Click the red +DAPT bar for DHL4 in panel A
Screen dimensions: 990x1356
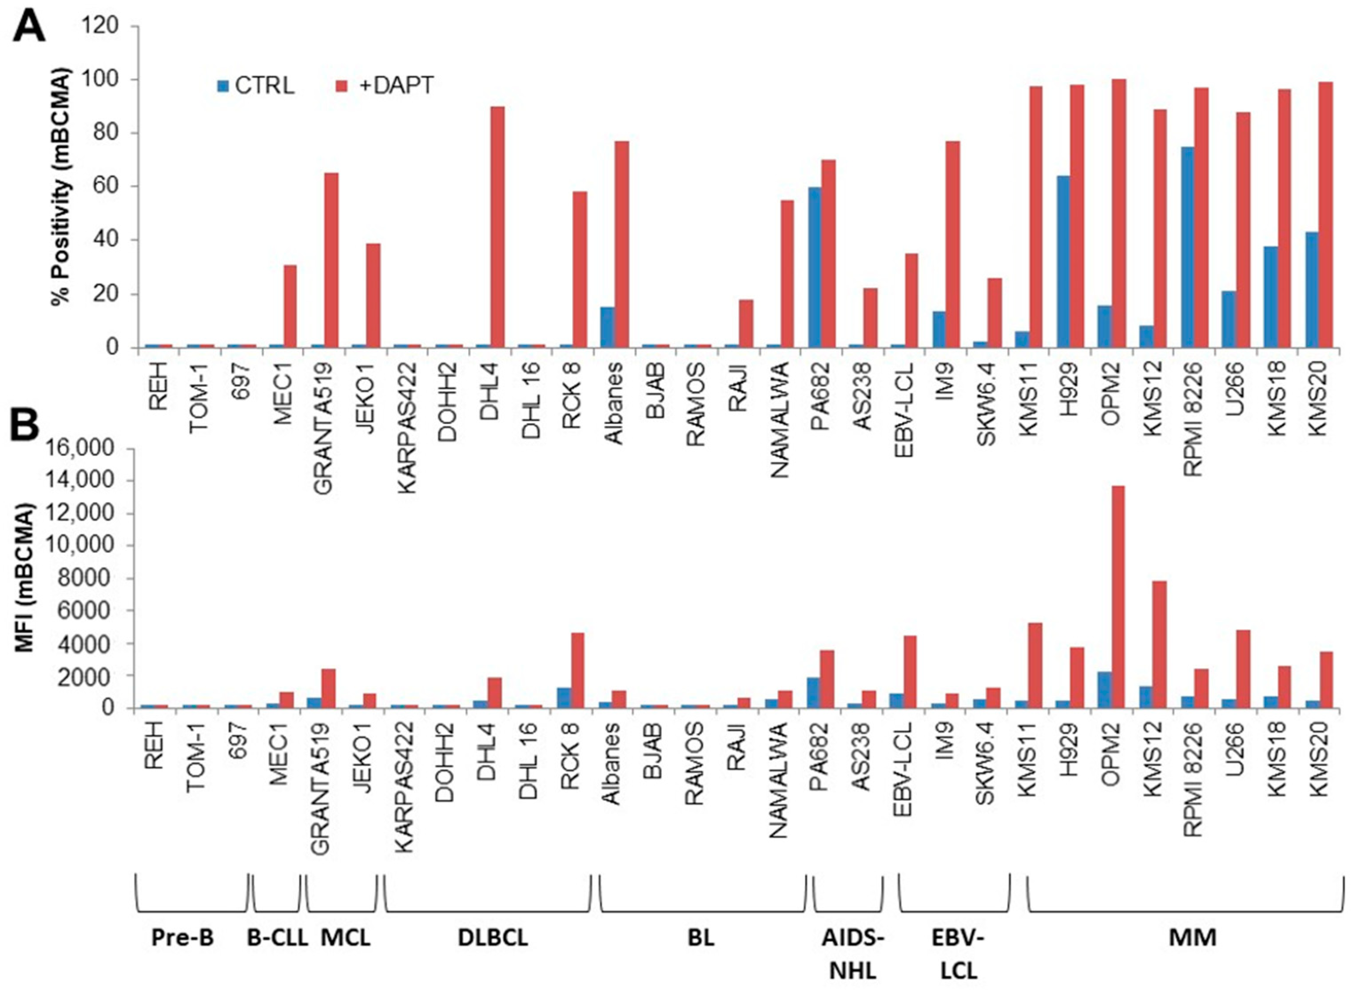497,228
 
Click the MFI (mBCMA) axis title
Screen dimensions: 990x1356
24,578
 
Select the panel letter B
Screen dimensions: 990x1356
28,424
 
